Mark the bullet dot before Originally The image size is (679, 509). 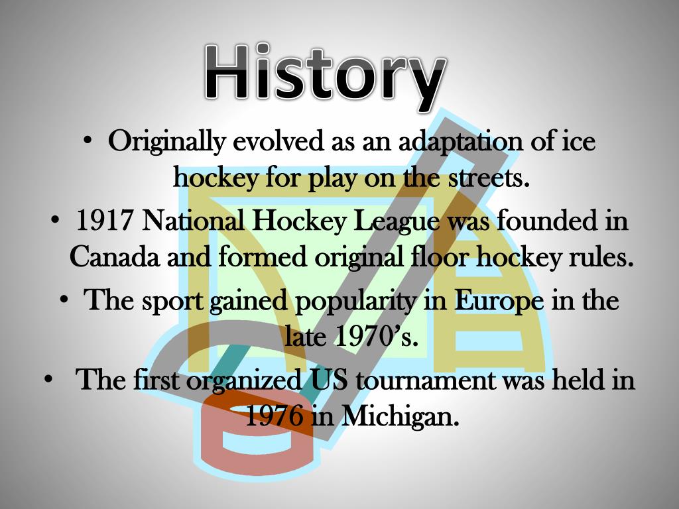tap(90, 142)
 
